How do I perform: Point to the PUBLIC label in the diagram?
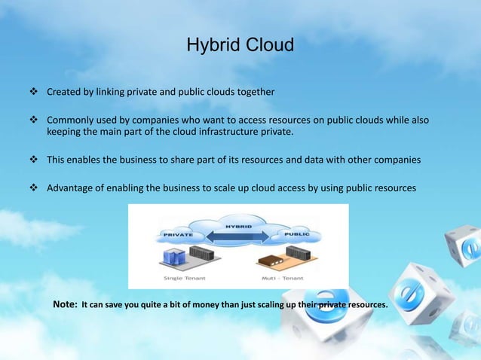pos(296,235)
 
